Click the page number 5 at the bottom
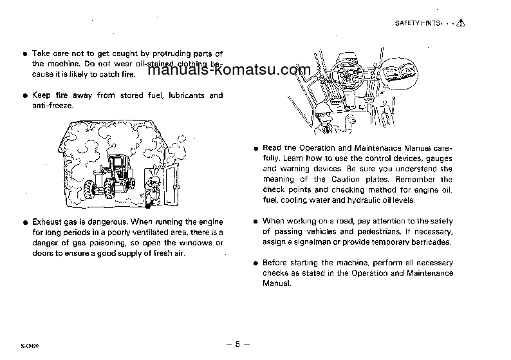point(237,344)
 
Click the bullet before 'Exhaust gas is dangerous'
point(25,222)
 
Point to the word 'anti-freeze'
point(53,105)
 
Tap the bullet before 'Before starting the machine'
point(256,263)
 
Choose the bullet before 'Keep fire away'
point(25,95)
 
